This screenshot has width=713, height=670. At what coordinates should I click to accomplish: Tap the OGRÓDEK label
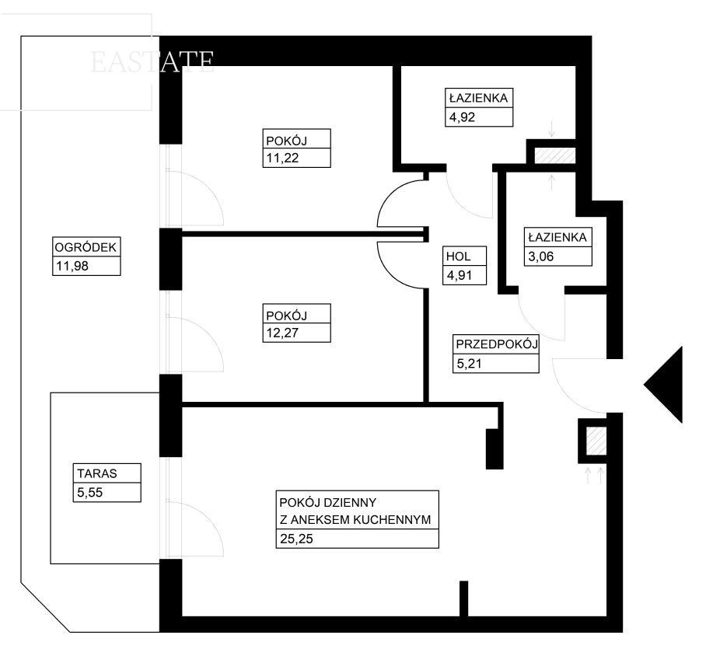pyautogui.click(x=85, y=248)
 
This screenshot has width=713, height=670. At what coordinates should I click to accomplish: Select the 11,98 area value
pyautogui.click(x=68, y=267)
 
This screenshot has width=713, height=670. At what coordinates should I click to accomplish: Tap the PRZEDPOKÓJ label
pyautogui.click(x=497, y=343)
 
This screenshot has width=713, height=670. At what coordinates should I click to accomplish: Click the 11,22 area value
pyautogui.click(x=281, y=159)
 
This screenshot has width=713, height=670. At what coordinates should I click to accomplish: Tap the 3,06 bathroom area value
pyautogui.click(x=541, y=257)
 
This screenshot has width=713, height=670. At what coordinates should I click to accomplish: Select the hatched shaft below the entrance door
pyautogui.click(x=595, y=441)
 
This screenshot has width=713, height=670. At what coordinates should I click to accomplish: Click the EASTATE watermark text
pyautogui.click(x=152, y=62)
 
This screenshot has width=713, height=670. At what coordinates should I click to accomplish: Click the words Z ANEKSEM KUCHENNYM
pyautogui.click(x=354, y=520)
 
